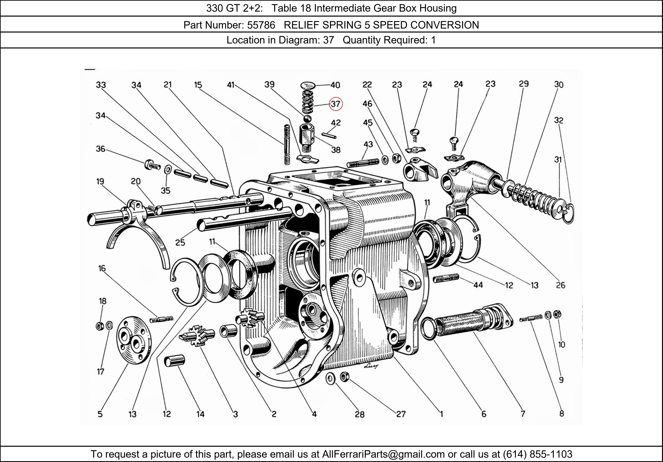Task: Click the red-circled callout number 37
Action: (x=335, y=104)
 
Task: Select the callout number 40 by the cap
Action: (x=335, y=85)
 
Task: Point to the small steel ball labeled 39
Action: (x=307, y=118)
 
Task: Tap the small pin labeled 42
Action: (x=329, y=135)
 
